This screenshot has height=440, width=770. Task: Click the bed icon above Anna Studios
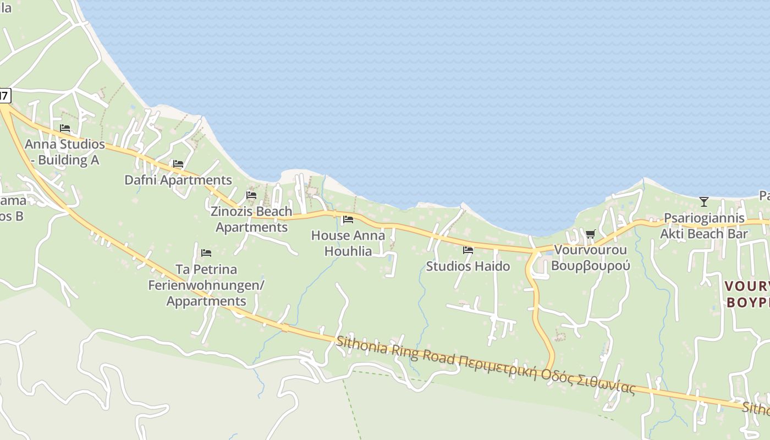65,128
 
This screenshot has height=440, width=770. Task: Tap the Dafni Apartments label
178,180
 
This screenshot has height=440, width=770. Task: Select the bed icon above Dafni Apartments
178,164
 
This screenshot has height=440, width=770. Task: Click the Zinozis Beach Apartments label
251,219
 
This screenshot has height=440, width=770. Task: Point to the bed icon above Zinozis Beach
251,195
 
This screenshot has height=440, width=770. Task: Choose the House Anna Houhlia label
348,243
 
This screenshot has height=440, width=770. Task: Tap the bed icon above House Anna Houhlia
348,219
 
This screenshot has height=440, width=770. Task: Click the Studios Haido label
468,266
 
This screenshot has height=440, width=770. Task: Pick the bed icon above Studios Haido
468,250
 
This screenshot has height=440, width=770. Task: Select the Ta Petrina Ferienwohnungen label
206,285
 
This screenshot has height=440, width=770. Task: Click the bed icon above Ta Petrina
206,253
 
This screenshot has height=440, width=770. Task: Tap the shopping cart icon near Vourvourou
591,234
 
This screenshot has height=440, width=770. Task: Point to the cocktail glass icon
703,202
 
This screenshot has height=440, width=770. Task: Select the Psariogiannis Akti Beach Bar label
704,226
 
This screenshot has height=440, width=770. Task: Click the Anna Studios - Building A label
65,152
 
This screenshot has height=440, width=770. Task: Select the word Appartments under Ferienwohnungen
206,301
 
